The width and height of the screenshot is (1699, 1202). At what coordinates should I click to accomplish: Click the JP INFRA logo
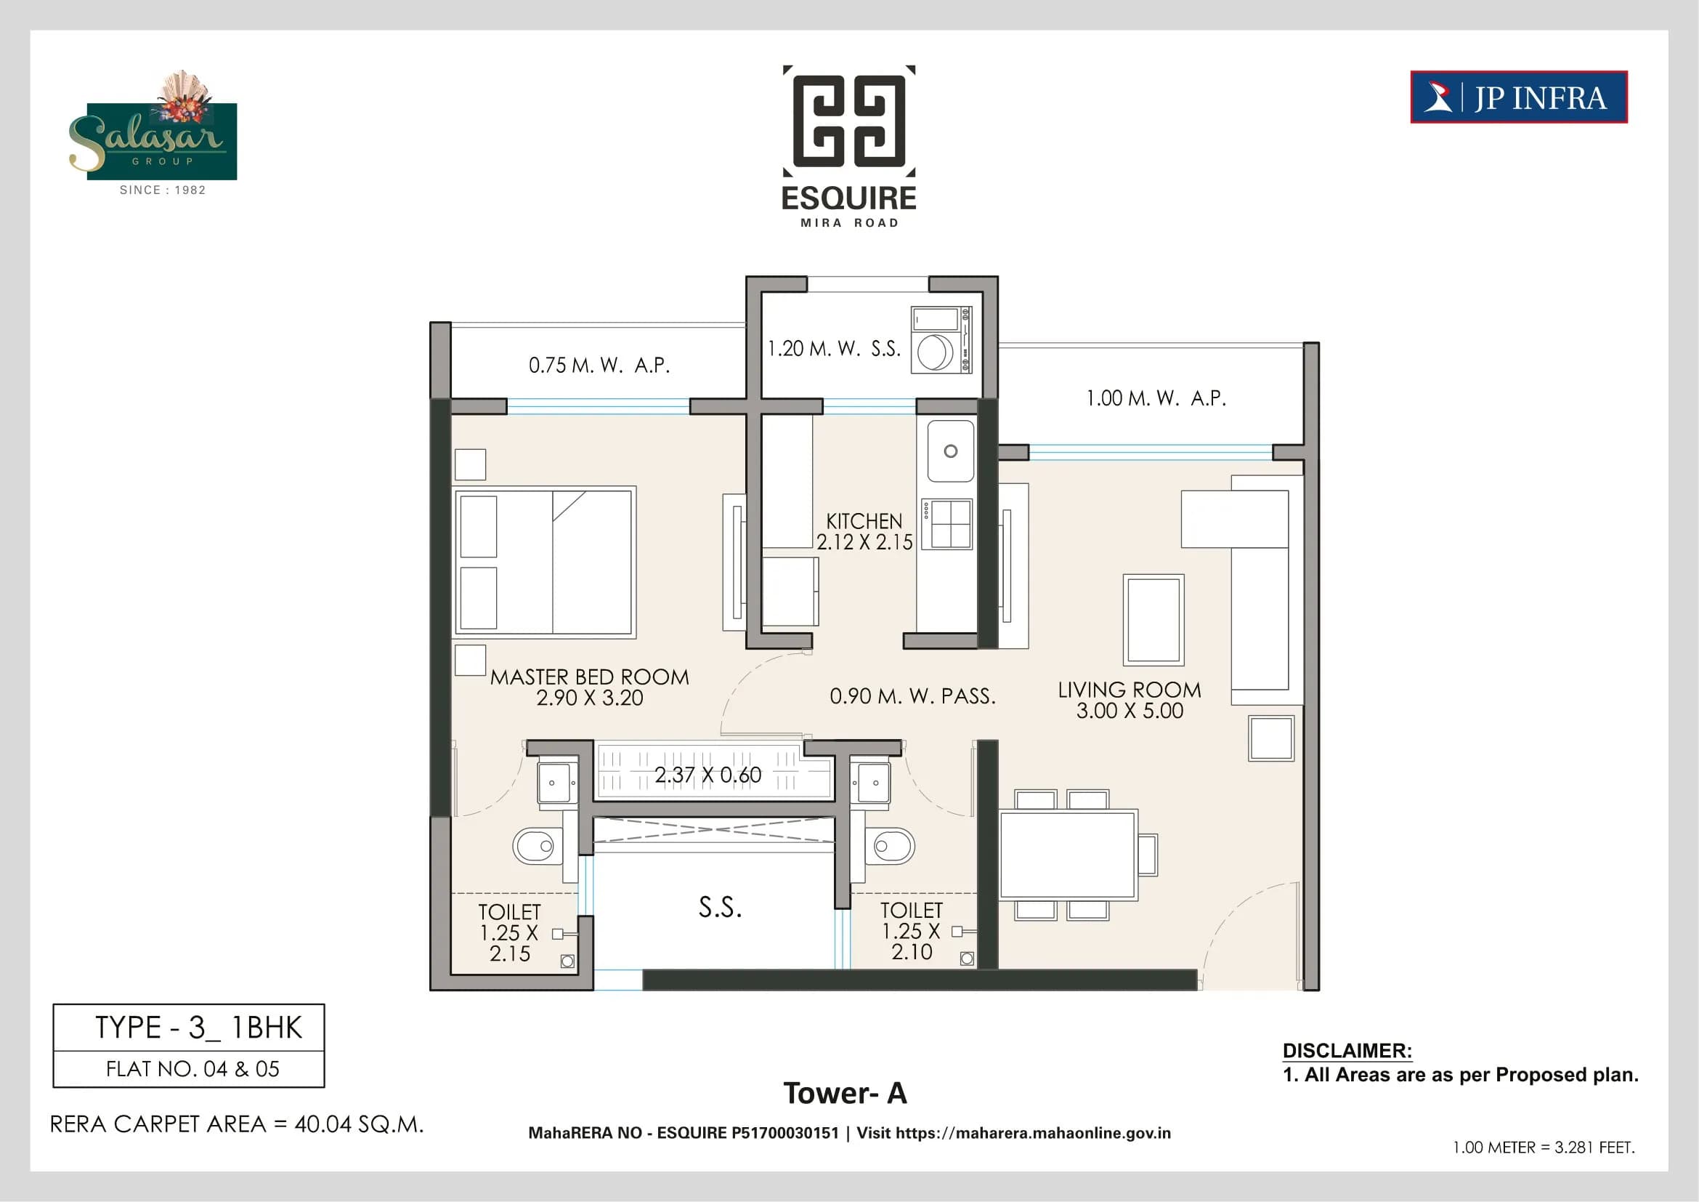click(1518, 97)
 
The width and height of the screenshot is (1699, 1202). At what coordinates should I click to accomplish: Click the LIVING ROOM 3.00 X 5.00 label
click(1130, 700)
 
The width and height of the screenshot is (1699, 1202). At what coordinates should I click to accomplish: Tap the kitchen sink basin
click(950, 451)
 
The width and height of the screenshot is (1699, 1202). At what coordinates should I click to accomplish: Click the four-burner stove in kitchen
click(950, 524)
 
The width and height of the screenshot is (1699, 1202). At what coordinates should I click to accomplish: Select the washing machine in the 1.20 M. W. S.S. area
click(936, 352)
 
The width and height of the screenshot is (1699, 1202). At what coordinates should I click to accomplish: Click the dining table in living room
click(1067, 855)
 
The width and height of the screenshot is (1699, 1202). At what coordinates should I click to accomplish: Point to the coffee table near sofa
click(1153, 619)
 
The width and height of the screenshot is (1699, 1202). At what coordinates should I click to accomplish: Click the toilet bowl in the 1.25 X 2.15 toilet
click(535, 846)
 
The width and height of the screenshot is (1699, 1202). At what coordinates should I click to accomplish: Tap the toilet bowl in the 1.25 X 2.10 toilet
click(893, 845)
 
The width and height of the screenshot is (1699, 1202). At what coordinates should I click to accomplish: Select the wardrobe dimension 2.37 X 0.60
click(707, 775)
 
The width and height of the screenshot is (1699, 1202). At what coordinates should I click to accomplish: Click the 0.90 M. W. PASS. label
click(912, 695)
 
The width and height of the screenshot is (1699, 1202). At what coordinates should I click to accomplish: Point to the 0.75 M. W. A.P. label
click(599, 365)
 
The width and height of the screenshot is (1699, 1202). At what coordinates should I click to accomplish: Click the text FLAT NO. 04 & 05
click(192, 1069)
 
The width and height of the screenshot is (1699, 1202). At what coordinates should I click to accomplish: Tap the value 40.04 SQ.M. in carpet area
click(359, 1124)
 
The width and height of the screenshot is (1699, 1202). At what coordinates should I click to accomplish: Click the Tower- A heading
click(845, 1093)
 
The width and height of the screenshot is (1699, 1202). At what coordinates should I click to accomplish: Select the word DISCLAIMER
click(1347, 1050)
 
